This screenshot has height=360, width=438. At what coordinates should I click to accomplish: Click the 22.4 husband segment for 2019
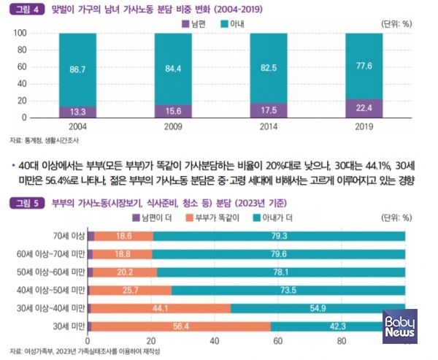[364, 108]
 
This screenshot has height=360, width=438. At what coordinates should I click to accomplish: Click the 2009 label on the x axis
[168, 126]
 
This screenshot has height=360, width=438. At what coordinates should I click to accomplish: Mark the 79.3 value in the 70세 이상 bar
[277, 235]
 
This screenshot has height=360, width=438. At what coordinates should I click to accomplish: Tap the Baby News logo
[399, 325]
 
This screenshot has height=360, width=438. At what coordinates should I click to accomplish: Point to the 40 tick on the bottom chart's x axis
[214, 340]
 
